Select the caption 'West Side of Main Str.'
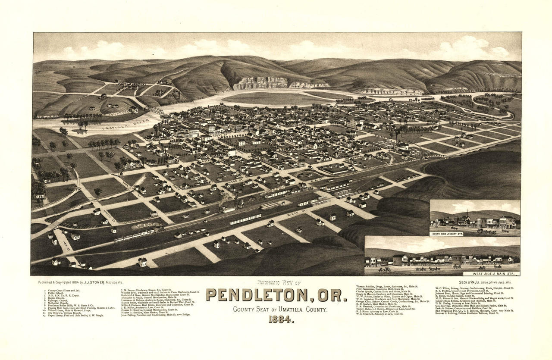(x=491, y=273)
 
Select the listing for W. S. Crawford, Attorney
(x=379, y=314)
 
